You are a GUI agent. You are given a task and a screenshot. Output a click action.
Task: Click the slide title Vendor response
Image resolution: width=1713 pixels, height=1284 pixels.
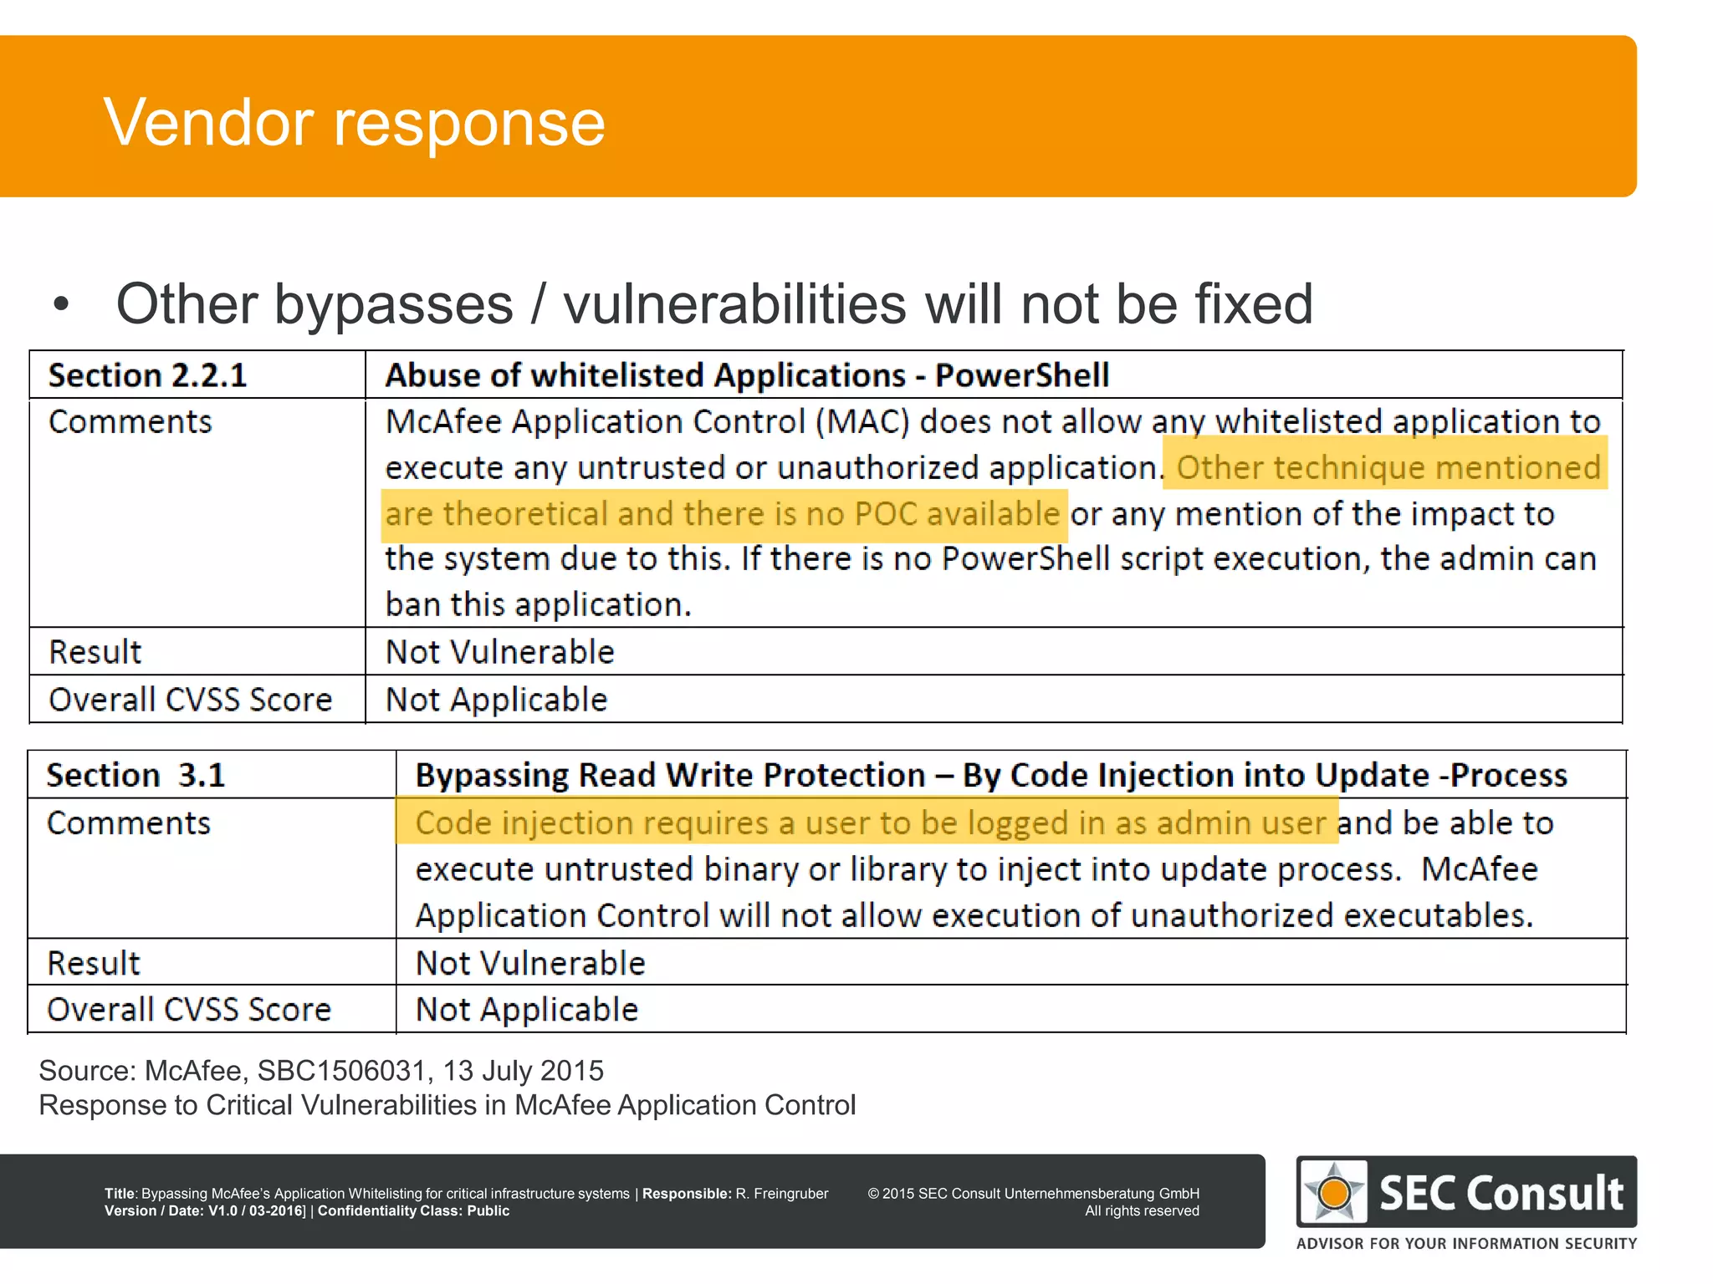[354, 122]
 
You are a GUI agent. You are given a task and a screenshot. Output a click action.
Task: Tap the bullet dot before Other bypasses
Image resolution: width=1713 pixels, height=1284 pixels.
[61, 303]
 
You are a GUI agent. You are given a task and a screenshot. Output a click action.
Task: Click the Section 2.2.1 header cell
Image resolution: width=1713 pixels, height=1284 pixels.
[148, 375]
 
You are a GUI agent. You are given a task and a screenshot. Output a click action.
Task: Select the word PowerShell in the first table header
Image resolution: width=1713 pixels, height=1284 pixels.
[1021, 375]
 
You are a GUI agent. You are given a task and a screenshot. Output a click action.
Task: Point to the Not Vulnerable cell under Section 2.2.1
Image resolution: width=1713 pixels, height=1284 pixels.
[499, 652]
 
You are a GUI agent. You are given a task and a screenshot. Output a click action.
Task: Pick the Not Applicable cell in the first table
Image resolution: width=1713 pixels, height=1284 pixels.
[496, 700]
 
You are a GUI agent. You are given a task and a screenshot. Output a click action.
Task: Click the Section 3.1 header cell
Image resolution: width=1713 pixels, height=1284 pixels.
[136, 775]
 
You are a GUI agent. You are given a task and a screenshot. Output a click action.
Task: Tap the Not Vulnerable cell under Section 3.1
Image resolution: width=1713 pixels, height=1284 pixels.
[530, 963]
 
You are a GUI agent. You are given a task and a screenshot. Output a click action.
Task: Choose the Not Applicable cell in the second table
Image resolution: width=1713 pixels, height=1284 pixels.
[527, 1010]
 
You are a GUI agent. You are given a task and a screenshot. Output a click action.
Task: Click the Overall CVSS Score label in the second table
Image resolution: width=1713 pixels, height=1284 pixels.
[189, 1010]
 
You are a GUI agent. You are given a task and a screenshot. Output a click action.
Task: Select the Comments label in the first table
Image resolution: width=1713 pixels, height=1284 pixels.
[130, 422]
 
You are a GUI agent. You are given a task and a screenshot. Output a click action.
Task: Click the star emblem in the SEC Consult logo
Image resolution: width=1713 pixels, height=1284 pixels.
[1334, 1192]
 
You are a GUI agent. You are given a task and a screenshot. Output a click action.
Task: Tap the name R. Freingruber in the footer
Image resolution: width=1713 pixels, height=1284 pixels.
[782, 1194]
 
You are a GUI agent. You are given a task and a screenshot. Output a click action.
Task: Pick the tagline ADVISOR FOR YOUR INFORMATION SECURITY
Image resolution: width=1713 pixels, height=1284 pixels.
[1466, 1244]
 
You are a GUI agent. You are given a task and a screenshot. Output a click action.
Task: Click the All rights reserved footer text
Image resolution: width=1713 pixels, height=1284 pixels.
[1142, 1211]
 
